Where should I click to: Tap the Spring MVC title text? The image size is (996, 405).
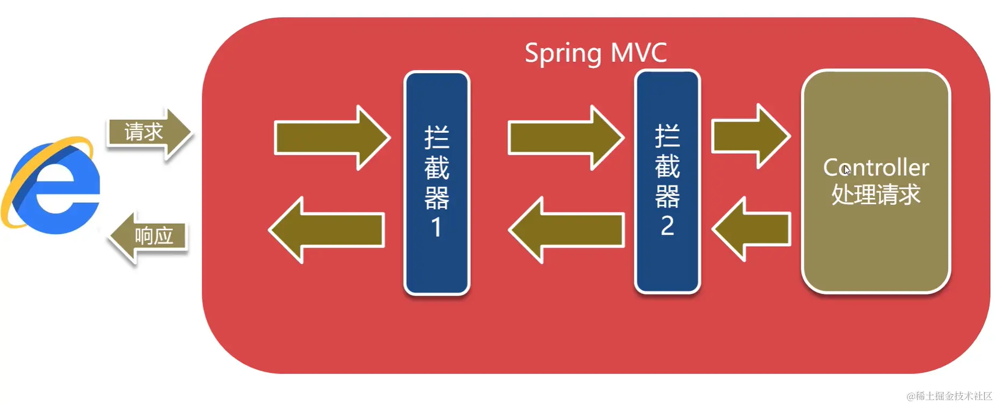595,53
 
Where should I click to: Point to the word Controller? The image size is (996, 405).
876,168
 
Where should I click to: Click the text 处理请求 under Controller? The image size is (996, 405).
876,195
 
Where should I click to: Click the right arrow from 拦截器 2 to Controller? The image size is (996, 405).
751,137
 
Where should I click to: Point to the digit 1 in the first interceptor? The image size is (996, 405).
436,228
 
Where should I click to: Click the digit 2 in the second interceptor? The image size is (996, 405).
667,226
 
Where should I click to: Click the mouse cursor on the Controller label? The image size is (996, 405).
847,170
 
